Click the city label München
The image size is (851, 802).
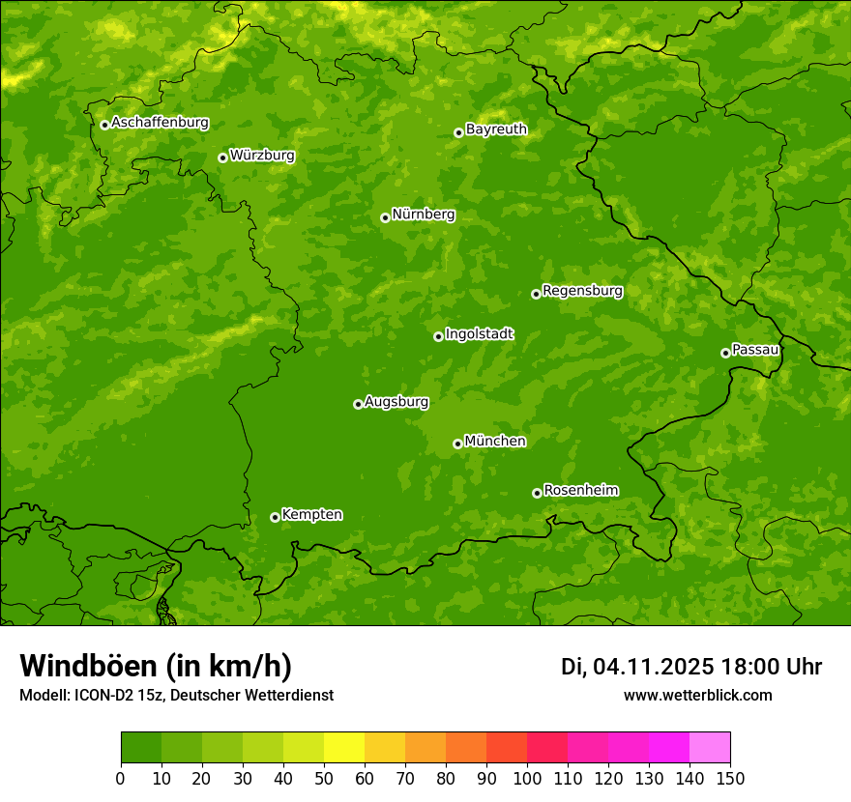tap(495, 442)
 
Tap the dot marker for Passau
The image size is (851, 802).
tap(725, 353)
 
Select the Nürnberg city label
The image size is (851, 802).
tap(423, 215)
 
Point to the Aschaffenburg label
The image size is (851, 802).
tap(160, 123)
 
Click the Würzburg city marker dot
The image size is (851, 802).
tap(222, 158)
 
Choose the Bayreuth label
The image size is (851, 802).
tap(496, 129)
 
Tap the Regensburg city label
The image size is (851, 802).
tap(582, 291)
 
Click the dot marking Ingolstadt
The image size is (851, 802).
tap(438, 336)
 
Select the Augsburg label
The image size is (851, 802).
tap(396, 402)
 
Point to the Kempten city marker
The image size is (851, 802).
tap(275, 517)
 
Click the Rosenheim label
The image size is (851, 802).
tap(580, 490)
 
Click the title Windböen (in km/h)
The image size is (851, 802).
tap(155, 666)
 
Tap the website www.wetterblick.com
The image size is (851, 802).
tap(697, 695)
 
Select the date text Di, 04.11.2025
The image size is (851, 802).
tap(637, 667)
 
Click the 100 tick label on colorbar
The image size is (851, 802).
tap(527, 778)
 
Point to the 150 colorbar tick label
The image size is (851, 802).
tap(730, 778)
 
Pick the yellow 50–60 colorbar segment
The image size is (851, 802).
tap(344, 747)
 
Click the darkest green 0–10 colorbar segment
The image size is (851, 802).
tap(141, 747)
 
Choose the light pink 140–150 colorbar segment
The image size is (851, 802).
tap(710, 747)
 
